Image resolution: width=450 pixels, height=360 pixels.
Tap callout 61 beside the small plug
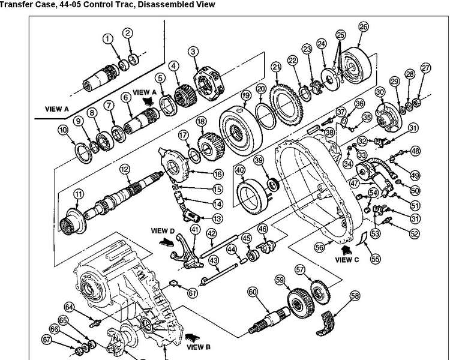pyautogui.click(x=192, y=293)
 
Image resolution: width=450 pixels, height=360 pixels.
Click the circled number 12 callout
pyautogui.click(x=124, y=170)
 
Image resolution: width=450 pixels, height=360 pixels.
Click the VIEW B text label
pyautogui.click(x=199, y=346)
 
